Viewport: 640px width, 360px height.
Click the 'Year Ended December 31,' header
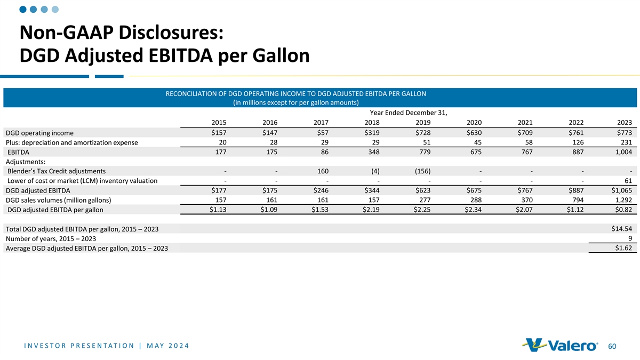tap(408, 113)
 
